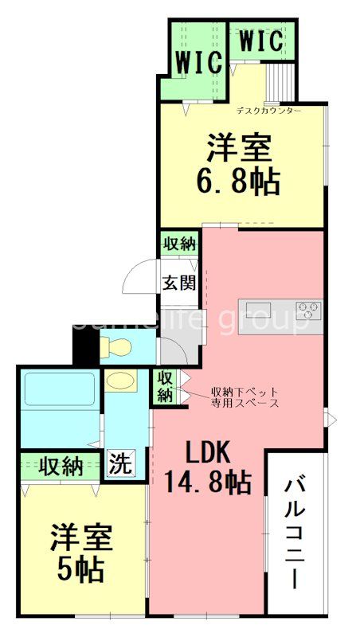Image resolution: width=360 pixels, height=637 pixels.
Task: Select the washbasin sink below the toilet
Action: tap(119, 381)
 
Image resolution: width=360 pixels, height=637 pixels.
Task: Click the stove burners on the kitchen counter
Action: tap(309, 308)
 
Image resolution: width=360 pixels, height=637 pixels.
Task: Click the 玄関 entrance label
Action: tap(180, 282)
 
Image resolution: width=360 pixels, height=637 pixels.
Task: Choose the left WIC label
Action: tap(198, 63)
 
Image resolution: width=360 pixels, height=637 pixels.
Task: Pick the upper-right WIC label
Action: tap(260, 41)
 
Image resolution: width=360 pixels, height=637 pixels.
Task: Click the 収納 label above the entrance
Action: tap(180, 243)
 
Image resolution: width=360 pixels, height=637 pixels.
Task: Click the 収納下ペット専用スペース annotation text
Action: tap(244, 397)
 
